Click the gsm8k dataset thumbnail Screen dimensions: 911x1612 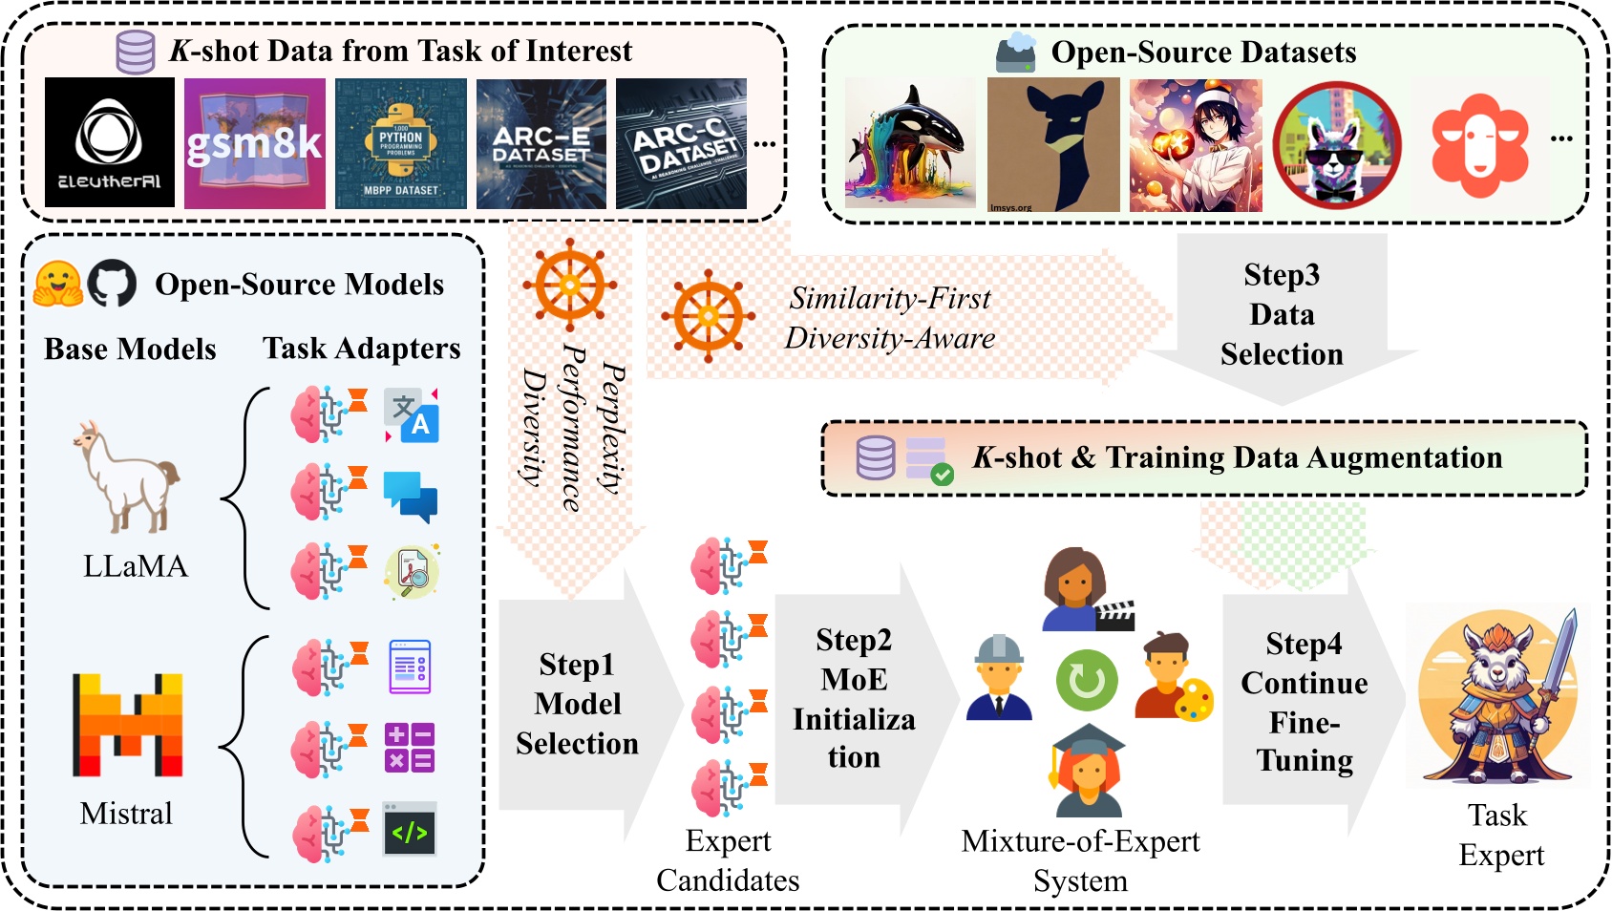(254, 143)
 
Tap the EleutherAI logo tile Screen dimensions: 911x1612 (110, 142)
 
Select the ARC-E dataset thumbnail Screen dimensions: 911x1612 (541, 143)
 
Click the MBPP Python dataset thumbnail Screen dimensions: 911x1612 (401, 143)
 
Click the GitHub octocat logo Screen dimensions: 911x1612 (113, 284)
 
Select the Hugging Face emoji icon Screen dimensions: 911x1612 (57, 284)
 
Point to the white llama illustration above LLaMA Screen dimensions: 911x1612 (126, 477)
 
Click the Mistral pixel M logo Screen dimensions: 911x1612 (128, 725)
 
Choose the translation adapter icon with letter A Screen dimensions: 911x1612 (412, 415)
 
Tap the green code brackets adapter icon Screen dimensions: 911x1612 (410, 830)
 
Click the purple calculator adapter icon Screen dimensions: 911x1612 (410, 747)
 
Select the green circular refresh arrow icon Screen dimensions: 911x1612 (1087, 681)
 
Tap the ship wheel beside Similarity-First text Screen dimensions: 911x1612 (708, 316)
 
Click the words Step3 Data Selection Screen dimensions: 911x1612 (1282, 314)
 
